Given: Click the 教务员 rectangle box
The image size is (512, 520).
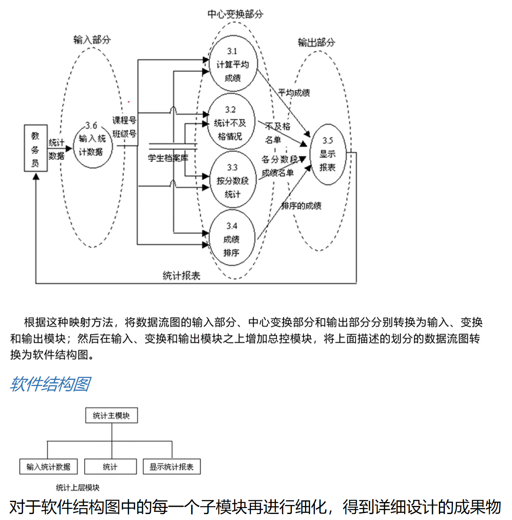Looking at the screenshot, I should pos(36,148).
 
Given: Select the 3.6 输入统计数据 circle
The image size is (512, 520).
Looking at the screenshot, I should pos(92,145).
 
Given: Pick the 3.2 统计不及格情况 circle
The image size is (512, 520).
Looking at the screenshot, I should pos(231,123).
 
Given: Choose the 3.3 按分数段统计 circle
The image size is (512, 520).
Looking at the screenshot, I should pos(232,180).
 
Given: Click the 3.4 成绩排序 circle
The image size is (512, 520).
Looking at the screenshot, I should pos(231,239).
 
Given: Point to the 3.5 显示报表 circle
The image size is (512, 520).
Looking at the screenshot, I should pos(328,154).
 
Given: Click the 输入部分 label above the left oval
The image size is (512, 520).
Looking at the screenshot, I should pos(92,40).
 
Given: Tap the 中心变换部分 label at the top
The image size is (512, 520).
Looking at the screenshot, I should pos(235,14).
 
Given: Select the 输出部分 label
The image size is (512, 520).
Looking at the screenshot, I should pos(316,42).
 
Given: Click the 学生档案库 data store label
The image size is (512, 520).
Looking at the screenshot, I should pos(168,158).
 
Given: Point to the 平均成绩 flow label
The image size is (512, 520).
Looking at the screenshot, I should pos(294,92).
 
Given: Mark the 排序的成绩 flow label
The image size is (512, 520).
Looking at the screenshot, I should pos(301,206).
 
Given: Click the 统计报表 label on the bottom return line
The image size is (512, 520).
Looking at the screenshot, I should pos(181,276).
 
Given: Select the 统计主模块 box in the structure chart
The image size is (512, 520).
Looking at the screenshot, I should pos(111,415).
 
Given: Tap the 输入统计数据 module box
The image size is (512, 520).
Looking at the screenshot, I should pos(48,467).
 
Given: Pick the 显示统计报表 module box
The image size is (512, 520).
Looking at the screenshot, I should pos(172,467).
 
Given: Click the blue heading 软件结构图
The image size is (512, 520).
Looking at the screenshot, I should pos(50,384).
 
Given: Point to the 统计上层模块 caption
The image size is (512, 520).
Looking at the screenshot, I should pos(77,487).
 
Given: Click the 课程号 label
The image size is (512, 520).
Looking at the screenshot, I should pos(124,120).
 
